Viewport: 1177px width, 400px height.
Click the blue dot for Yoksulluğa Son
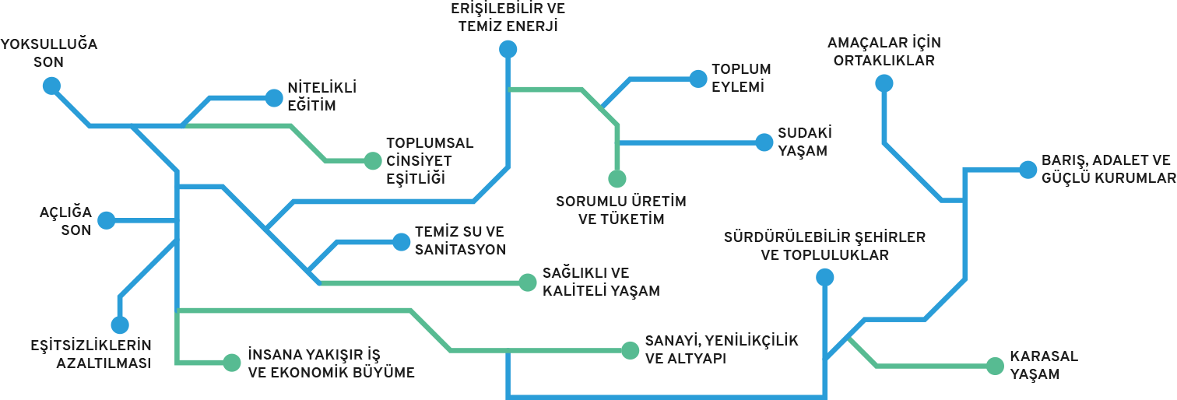click(x=51, y=85)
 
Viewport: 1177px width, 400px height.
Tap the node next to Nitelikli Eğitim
click(x=274, y=97)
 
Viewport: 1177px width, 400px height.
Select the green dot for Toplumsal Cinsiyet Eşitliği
click(x=373, y=161)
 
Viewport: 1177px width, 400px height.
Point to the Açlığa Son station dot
click(x=107, y=220)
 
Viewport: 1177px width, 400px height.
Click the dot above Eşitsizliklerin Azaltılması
click(x=119, y=325)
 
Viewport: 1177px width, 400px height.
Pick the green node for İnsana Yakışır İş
click(x=231, y=362)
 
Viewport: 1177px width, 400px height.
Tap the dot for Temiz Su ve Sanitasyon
click(x=401, y=242)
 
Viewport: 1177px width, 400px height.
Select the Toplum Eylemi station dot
click(x=697, y=79)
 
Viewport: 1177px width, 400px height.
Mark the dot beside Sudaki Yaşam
click(x=764, y=142)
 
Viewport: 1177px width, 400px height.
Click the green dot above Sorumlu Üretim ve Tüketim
click(x=617, y=178)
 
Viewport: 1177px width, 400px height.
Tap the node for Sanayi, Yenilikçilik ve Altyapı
click(x=630, y=350)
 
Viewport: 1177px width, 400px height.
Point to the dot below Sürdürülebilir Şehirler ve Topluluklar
click(x=825, y=277)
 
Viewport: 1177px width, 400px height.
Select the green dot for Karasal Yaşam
click(x=995, y=365)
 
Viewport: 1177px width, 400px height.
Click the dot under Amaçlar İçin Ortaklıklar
click(x=884, y=83)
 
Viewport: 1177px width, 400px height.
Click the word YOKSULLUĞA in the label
click(x=49, y=44)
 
